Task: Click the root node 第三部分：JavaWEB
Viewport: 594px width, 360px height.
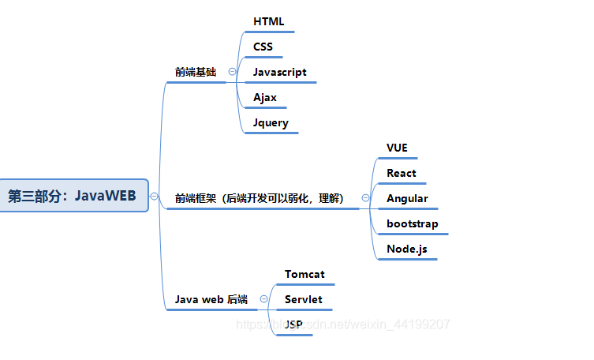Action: [72, 196]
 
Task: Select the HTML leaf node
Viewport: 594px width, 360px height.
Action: [268, 21]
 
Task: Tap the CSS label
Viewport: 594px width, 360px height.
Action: [263, 47]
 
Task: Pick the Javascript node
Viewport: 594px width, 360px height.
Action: [279, 72]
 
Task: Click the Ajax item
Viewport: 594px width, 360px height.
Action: [265, 97]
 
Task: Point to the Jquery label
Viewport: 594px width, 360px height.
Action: [271, 122]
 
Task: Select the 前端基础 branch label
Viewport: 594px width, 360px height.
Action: [196, 72]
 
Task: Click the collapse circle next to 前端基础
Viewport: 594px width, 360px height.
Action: [232, 72]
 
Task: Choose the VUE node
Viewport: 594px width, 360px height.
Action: [397, 148]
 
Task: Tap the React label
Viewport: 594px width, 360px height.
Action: [401, 173]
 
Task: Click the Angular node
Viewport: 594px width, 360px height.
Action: [407, 198]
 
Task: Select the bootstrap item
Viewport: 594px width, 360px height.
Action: [412, 223]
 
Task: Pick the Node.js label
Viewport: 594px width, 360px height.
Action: [406, 249]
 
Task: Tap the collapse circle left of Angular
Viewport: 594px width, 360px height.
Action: [365, 198]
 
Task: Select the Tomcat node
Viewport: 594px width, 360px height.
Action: [304, 274]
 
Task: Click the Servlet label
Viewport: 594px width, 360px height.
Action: [303, 299]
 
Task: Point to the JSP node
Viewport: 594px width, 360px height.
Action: [293, 324]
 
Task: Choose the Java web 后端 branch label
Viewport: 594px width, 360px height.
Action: [211, 299]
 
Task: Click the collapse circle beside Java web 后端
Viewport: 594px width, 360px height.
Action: [263, 299]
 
